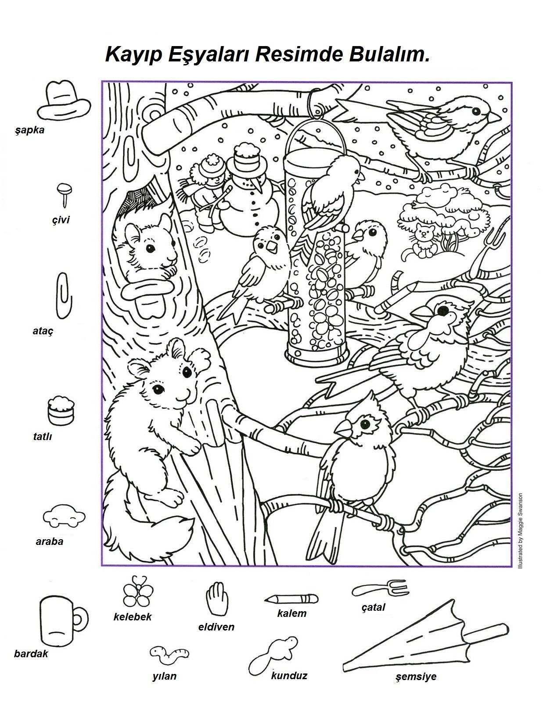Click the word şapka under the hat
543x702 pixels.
tap(30, 131)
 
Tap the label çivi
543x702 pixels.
tap(61, 220)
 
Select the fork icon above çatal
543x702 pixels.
tap(379, 589)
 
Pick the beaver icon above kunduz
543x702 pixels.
tap(273, 654)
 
